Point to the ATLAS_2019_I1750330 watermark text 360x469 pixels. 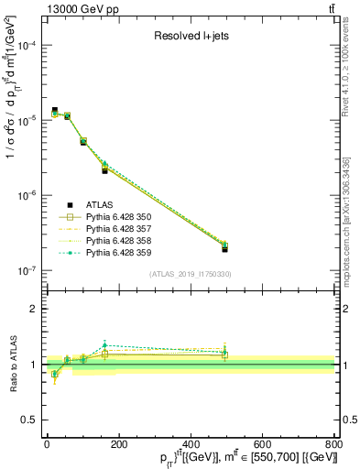pos(189,274)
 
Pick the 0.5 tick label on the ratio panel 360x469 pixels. pos(31,420)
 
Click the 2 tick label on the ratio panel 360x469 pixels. pos(35,310)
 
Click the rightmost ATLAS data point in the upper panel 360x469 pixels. pos(224,248)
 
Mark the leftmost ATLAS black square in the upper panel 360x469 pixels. pos(54,110)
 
